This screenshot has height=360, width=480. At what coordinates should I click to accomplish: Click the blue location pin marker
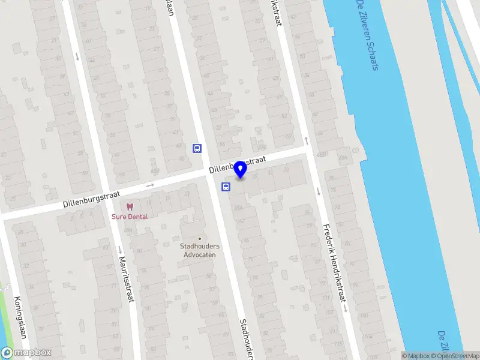[x=240, y=170]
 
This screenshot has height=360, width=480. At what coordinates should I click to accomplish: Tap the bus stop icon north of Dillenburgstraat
[x=197, y=148]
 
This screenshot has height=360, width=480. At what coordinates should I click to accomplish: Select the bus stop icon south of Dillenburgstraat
[x=226, y=187]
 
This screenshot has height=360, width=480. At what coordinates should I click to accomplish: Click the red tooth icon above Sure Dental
[x=129, y=206]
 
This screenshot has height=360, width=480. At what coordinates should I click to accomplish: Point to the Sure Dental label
[x=128, y=217]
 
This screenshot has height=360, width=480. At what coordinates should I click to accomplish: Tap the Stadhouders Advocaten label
[x=200, y=250]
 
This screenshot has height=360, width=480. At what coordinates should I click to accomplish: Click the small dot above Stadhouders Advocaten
[x=200, y=238]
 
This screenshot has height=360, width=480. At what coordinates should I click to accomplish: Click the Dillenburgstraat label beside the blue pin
[x=238, y=165]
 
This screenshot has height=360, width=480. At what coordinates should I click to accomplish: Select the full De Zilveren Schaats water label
[x=367, y=35]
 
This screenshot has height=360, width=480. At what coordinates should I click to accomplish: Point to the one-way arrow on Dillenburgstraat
[x=149, y=185]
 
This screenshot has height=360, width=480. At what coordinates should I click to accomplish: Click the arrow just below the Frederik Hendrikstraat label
[x=347, y=308]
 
